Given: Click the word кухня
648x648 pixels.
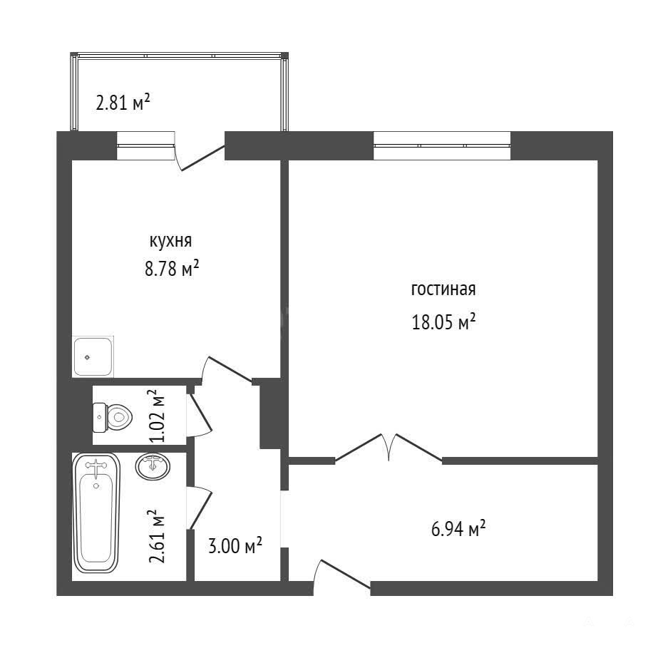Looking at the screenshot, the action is [x=170, y=241].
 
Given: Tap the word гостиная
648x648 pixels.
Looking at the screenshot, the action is [x=443, y=289].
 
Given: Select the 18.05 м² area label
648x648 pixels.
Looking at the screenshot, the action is [x=443, y=322].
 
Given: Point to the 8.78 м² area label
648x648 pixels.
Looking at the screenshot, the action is [x=172, y=269].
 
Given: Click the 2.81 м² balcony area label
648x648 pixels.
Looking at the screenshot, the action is [x=123, y=102].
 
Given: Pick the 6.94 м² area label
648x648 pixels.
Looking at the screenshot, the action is [x=458, y=528].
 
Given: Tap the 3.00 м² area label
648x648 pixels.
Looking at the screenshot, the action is [x=235, y=545].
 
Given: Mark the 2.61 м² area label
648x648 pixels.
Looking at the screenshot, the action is [x=156, y=536].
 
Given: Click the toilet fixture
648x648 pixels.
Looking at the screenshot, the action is [x=113, y=417].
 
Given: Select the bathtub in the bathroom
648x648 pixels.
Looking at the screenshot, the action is [x=96, y=513].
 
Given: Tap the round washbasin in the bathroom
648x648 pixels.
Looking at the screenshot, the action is [x=153, y=466].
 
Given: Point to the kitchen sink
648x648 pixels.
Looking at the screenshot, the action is [x=93, y=356].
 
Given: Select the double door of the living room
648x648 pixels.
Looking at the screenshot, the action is [x=389, y=447].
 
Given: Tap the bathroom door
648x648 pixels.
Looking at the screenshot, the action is [x=199, y=508].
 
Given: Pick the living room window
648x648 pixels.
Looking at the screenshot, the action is [x=442, y=145].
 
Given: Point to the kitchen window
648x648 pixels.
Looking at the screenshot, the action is [x=146, y=145].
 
